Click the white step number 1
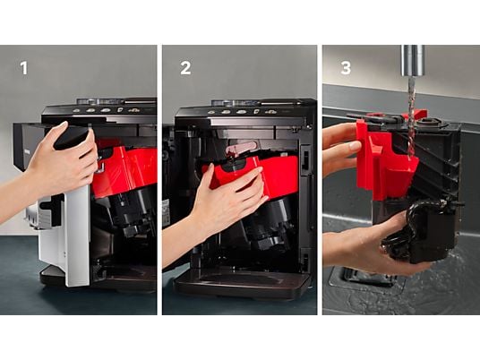24,68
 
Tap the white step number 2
185,68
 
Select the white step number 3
346,68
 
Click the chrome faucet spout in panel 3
413,60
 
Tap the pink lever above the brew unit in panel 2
241,148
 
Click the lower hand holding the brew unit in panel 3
367,248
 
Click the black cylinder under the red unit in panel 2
270,220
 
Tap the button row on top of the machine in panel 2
242,112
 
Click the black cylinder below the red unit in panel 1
129,214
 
